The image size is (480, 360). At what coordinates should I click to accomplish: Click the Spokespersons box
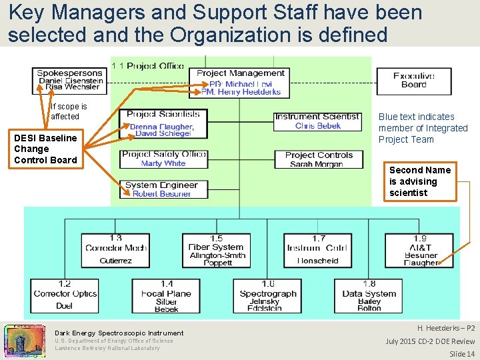70,80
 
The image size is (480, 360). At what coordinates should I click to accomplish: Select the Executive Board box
413,81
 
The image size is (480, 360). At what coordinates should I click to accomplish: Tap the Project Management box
241,82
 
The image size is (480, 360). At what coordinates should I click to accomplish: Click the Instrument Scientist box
317,121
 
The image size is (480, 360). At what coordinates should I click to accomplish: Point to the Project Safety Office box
164,159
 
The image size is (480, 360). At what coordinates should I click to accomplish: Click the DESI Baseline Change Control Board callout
45,149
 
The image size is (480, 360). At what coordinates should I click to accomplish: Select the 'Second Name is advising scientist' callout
420,181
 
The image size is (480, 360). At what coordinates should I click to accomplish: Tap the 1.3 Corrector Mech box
116,250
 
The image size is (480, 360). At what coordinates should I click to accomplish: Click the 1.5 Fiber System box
216,250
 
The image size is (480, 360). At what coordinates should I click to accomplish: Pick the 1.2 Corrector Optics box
65,295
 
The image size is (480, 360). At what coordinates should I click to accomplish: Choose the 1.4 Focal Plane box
166,295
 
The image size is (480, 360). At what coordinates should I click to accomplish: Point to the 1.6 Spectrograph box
267,295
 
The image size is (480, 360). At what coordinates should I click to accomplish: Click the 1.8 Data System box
369,295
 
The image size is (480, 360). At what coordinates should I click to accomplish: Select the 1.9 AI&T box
420,250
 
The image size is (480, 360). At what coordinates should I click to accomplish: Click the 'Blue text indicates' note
423,128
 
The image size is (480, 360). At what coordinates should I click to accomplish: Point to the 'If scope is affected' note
69,111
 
